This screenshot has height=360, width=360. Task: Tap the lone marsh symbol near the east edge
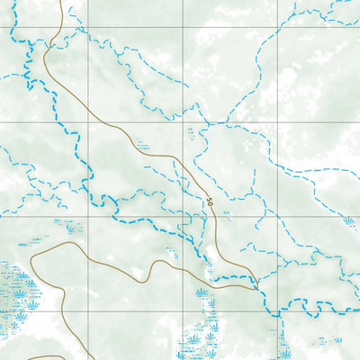coord(348,220)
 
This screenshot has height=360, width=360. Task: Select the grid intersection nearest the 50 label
coord(184,216)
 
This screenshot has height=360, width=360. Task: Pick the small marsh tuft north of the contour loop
coord(70,228)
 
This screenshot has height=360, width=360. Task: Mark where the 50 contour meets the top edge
coord(61,2)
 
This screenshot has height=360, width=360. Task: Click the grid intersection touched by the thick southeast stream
coord(278,310)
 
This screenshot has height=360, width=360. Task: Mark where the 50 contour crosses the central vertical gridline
coord(184,168)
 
